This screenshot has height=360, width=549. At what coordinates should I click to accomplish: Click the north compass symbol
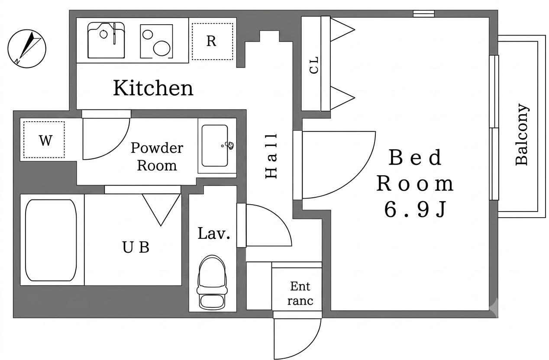pos(27,48)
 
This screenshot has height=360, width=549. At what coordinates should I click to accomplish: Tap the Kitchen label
pos(153,88)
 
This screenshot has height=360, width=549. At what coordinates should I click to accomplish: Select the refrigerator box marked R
pos(212,42)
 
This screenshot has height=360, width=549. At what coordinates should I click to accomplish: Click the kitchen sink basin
pos(106,40)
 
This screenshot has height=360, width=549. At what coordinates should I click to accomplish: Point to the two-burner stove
pos(156,41)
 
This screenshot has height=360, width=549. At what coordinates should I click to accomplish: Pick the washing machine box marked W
pos(44,140)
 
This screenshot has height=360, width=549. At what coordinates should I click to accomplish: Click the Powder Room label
pos(157,157)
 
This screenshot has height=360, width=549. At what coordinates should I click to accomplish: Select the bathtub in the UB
pos(51,240)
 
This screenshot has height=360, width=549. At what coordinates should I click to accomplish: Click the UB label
pos(136,247)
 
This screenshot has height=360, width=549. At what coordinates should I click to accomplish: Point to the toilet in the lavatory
pos(212,282)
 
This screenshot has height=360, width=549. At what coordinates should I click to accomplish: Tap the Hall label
pos(271,156)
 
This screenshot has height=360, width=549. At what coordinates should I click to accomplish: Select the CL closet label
pos(314,65)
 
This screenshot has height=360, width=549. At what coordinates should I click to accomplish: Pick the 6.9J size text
pos(415,209)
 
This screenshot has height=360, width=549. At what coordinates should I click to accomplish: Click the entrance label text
pos(300,293)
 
